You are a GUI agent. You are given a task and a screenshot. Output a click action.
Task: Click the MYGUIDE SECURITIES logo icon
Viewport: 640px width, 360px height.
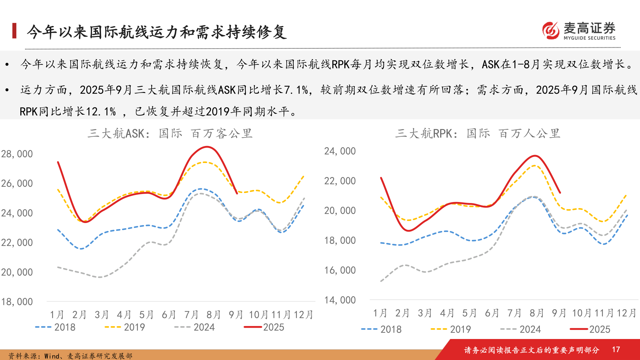551,31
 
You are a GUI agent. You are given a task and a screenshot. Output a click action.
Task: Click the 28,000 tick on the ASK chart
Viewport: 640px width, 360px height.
17,154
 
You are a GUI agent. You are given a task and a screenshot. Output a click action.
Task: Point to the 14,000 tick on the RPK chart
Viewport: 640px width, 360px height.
340,300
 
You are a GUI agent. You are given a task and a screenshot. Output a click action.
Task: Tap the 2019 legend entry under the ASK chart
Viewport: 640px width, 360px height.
125,327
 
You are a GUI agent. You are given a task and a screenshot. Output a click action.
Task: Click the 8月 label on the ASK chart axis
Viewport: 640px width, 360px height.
213,315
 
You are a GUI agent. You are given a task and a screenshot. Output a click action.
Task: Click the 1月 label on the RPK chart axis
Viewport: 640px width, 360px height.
380,313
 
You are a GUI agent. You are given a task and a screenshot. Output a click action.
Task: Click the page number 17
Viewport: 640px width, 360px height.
616,349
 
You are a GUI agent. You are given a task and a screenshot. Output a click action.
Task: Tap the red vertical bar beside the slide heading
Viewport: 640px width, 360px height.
14,31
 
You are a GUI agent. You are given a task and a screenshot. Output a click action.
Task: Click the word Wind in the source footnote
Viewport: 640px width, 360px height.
52,356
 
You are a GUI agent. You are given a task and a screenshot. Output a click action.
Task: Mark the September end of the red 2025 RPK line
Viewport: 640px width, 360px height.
560,193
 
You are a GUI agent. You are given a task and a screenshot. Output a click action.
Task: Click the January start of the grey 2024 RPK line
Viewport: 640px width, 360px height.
381,281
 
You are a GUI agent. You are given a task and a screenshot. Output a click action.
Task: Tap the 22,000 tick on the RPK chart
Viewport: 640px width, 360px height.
340,181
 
